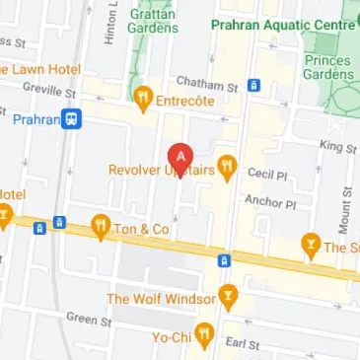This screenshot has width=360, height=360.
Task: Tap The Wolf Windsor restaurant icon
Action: coord(229,295)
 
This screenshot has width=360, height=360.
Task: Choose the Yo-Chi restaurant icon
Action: coord(204,335)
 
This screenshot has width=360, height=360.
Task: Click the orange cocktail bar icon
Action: coord(312,247)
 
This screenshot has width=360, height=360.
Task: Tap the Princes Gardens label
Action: coord(328,65)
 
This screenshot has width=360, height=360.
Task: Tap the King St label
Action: coord(338,146)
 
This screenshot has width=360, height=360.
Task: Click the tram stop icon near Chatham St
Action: coord(253,85)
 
